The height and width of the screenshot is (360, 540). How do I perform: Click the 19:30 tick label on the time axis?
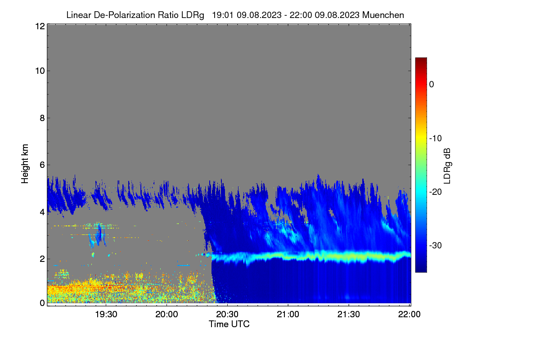pyautogui.click(x=106, y=314)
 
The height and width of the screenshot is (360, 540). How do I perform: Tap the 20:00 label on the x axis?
pyautogui.click(x=166, y=314)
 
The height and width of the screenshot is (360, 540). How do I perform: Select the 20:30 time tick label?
pyautogui.click(x=227, y=314)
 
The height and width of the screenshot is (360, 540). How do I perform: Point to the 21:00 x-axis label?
pyautogui.click(x=288, y=314)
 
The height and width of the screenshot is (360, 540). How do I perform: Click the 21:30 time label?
pyautogui.click(x=348, y=314)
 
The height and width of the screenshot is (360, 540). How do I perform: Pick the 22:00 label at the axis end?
pyautogui.click(x=409, y=314)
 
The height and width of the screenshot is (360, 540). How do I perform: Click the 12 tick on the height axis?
pyautogui.click(x=40, y=26)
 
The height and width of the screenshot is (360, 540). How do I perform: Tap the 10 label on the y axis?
pyautogui.click(x=40, y=71)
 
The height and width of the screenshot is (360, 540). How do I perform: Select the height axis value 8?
pyautogui.click(x=42, y=118)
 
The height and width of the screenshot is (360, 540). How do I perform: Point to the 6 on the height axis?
pyautogui.click(x=42, y=165)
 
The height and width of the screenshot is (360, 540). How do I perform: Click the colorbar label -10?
pyautogui.click(x=436, y=139)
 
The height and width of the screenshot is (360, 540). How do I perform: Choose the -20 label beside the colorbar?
pyautogui.click(x=436, y=192)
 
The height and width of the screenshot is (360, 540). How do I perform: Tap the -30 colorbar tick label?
pyautogui.click(x=436, y=245)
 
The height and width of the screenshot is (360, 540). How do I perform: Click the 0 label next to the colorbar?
pyautogui.click(x=432, y=85)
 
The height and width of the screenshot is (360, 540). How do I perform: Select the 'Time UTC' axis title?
pyautogui.click(x=229, y=324)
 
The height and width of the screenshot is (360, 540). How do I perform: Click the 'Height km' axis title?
pyautogui.click(x=25, y=164)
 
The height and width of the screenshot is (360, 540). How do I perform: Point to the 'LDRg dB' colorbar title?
pyautogui.click(x=447, y=166)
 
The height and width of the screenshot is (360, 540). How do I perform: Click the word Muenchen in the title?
pyautogui.click(x=383, y=15)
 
